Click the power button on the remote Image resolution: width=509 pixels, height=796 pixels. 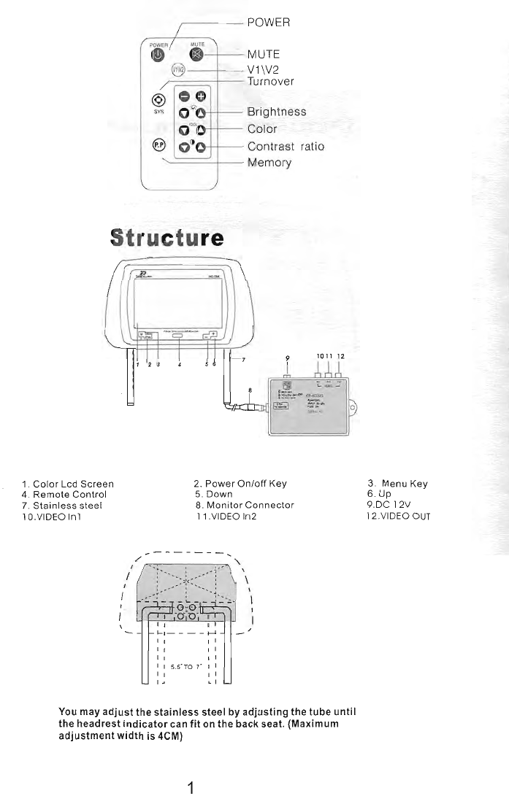158,58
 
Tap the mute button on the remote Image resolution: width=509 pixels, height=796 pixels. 196,55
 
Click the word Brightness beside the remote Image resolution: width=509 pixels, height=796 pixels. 277,112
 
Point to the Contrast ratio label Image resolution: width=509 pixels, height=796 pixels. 286,147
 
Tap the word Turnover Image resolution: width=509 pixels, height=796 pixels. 271,82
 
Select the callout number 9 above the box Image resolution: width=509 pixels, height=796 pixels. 288,358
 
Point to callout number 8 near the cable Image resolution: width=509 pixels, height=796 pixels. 250,390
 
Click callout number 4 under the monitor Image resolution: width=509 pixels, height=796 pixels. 179,365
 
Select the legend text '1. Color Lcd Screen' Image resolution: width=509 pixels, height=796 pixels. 68,484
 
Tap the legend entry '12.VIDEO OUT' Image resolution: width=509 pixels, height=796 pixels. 398,516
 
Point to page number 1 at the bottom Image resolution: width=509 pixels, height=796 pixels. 191,787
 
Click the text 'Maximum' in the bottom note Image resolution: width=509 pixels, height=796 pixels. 315,723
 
